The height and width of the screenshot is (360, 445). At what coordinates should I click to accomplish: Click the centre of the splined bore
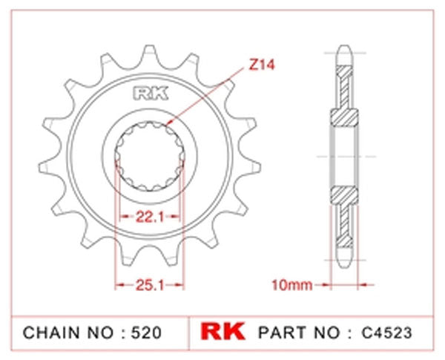click(x=148, y=157)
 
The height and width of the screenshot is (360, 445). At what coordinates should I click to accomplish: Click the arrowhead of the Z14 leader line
click(x=170, y=123)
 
